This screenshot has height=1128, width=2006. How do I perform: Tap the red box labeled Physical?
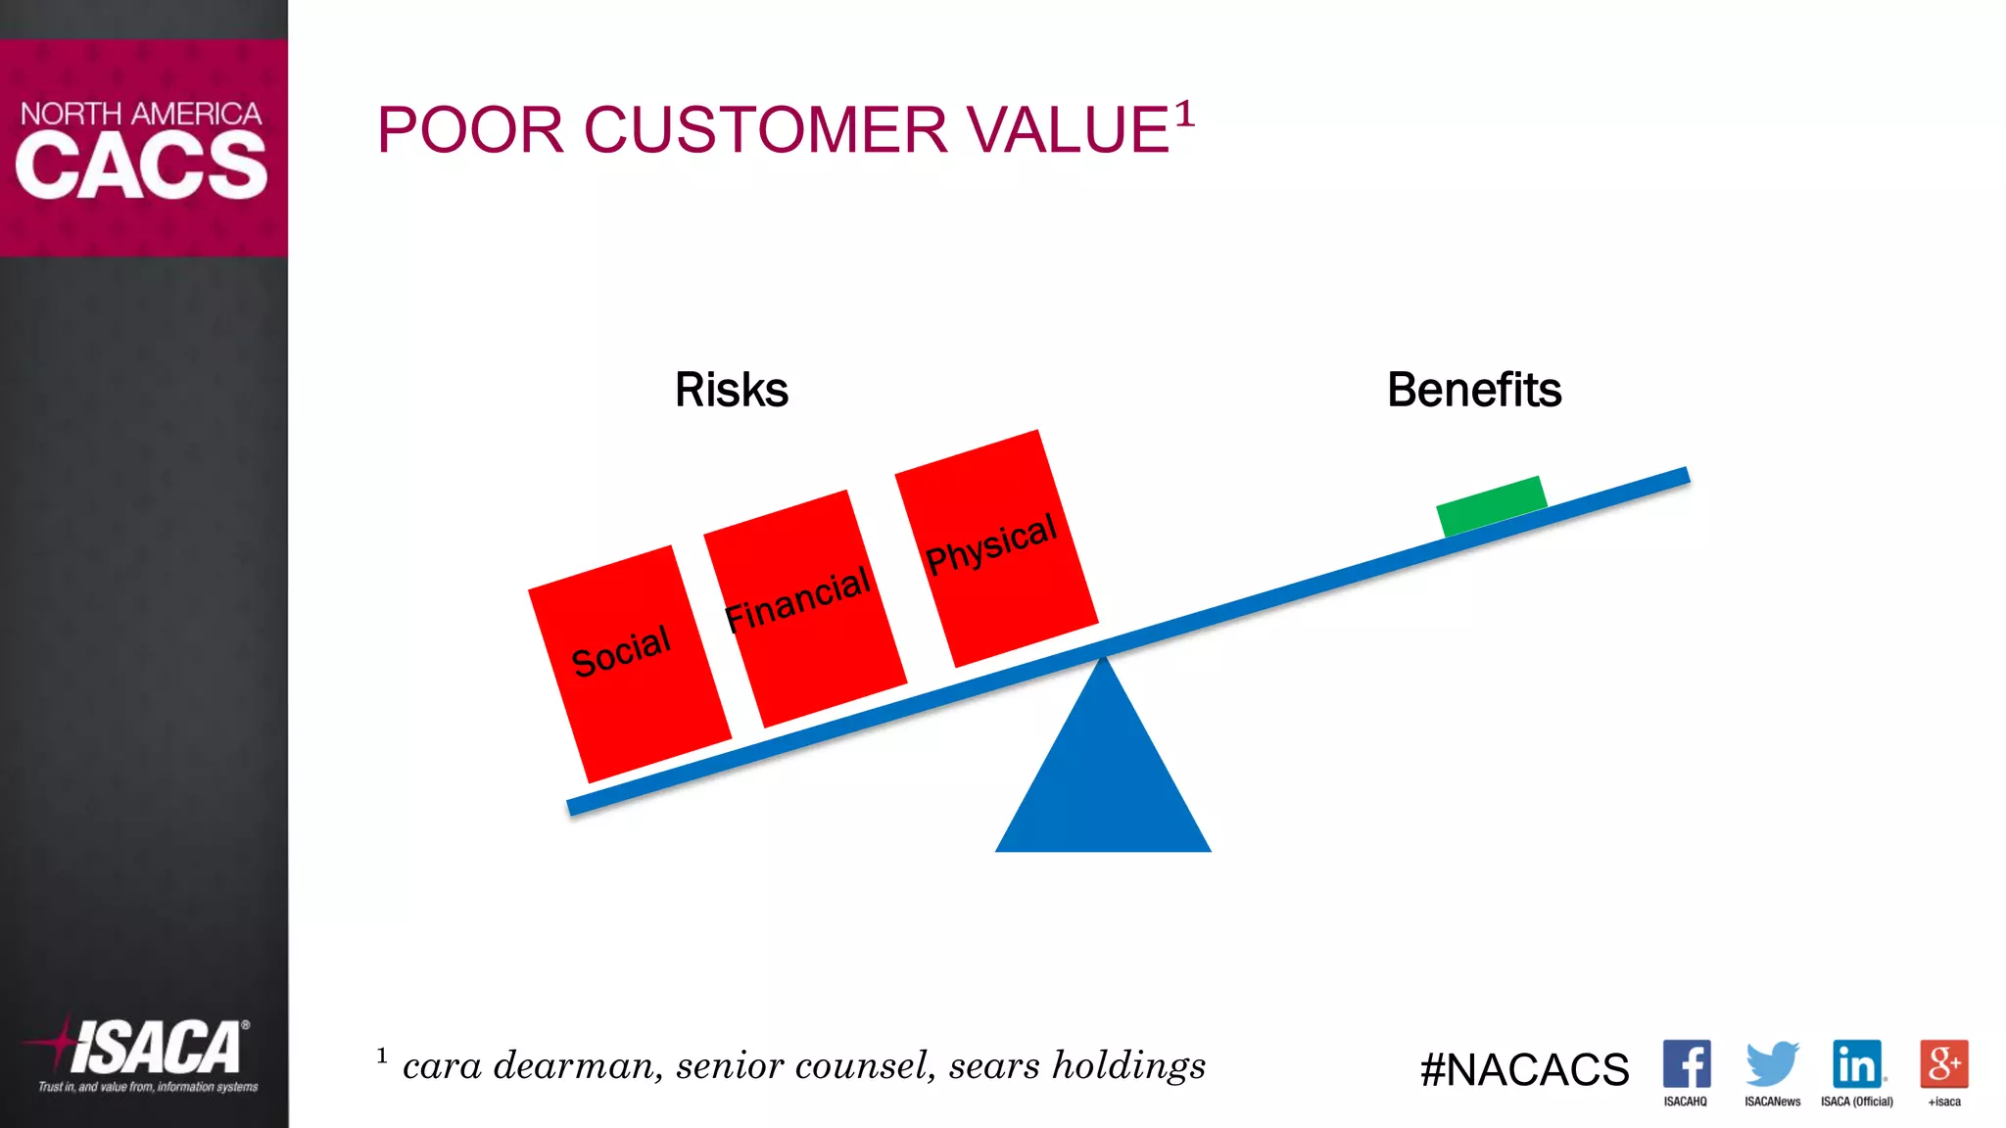(x=996, y=548)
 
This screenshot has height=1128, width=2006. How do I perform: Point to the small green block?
(x=1491, y=505)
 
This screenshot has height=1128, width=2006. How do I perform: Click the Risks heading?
(x=731, y=390)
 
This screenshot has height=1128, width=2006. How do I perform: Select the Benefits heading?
(x=1473, y=390)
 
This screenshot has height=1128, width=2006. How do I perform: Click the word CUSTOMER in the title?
(x=765, y=130)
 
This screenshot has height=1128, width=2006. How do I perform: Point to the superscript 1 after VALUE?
(x=1184, y=114)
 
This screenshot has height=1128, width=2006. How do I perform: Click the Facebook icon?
(x=1686, y=1064)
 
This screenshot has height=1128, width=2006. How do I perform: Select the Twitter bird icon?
(x=1771, y=1063)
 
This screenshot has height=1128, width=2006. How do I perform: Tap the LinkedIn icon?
(x=1856, y=1064)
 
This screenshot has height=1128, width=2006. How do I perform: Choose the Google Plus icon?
(x=1943, y=1064)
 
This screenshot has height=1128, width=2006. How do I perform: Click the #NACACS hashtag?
(x=1524, y=1069)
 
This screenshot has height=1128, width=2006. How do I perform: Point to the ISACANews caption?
(x=1772, y=1102)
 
